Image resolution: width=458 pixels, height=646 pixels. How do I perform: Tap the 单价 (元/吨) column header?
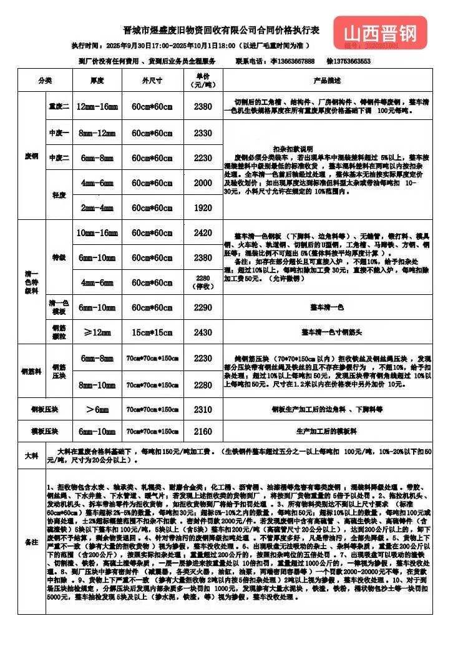tap(203, 80)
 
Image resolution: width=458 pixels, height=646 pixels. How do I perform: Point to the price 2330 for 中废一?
tap(203, 133)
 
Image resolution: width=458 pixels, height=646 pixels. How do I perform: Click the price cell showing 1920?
tap(203, 207)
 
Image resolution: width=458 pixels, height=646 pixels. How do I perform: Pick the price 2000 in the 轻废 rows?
tap(203, 182)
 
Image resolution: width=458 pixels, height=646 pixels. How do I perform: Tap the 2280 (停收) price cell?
tap(203, 282)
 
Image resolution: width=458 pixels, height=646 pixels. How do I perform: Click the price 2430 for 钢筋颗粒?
tap(203, 332)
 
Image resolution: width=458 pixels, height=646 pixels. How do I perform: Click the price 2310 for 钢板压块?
tap(203, 409)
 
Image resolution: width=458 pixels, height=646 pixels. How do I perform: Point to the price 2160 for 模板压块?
tap(203, 431)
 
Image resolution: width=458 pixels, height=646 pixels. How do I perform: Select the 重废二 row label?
tap(59, 107)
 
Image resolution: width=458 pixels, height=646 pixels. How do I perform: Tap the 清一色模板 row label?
tap(58, 307)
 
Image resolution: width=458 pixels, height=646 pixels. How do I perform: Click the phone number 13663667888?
tap(292, 61)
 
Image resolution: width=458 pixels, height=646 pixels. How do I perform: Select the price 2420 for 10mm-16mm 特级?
tap(203, 232)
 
